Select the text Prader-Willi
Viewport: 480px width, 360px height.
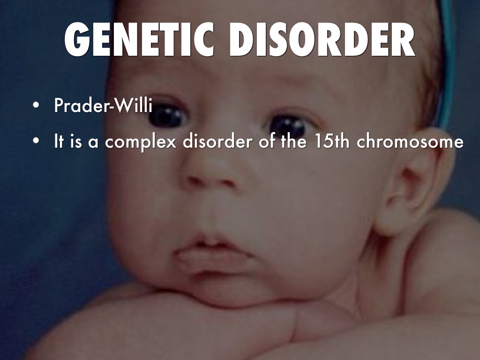(x=103, y=106)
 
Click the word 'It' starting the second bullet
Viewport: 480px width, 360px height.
(x=59, y=142)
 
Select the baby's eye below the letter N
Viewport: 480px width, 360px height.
(x=166, y=115)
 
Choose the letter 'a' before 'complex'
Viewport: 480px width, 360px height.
(x=93, y=142)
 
